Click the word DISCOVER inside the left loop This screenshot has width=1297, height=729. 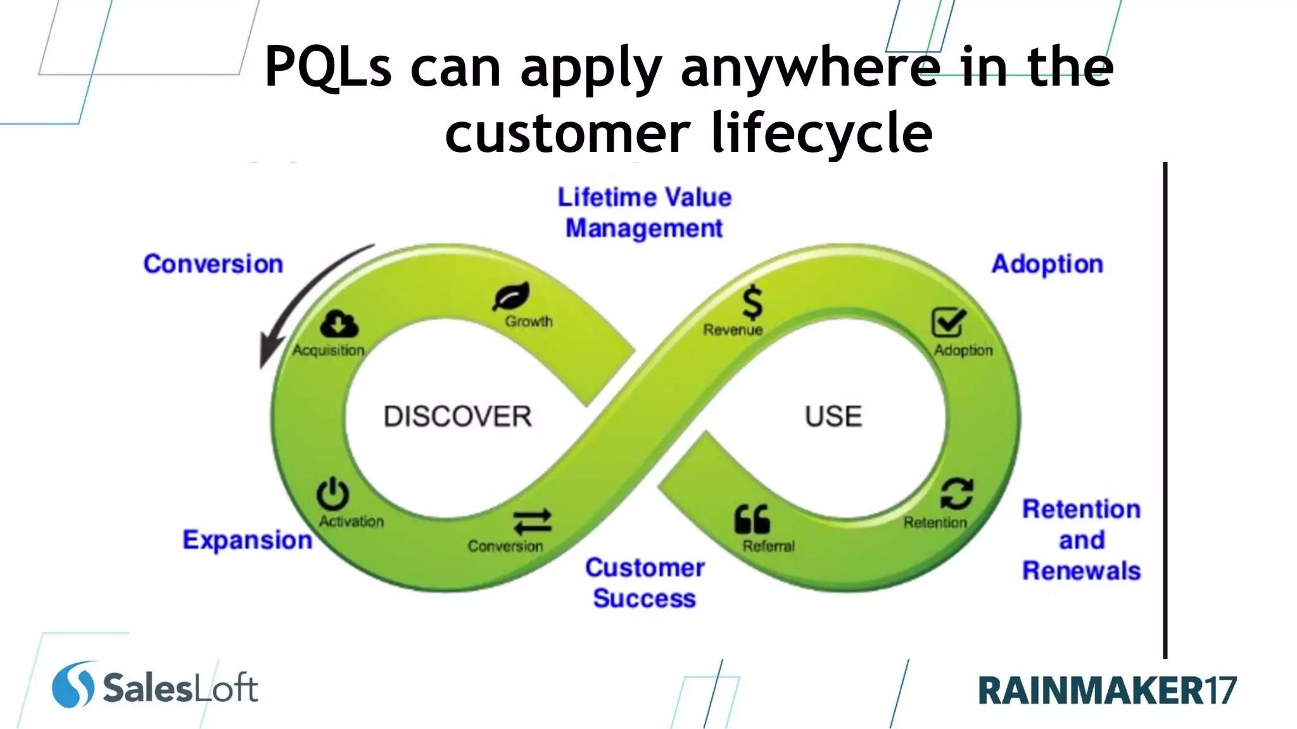pyautogui.click(x=457, y=416)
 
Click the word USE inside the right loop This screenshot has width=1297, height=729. pyautogui.click(x=833, y=416)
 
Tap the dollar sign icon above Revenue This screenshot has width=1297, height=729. pyautogui.click(x=752, y=302)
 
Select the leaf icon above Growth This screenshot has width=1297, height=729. pyautogui.click(x=512, y=296)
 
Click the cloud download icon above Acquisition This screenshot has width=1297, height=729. pyautogui.click(x=339, y=324)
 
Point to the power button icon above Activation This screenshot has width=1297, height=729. pyautogui.click(x=332, y=494)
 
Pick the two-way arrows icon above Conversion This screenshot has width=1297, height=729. pyautogui.click(x=532, y=522)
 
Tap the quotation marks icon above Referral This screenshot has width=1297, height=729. pyautogui.click(x=752, y=520)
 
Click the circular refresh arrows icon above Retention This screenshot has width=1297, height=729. pyautogui.click(x=956, y=494)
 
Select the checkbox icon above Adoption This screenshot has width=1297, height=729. pyautogui.click(x=948, y=322)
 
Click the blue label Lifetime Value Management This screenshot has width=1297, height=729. pyautogui.click(x=644, y=213)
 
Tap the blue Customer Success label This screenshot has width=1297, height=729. pyautogui.click(x=644, y=583)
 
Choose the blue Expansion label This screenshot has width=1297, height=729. pyautogui.click(x=247, y=540)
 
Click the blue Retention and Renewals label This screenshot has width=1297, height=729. pyautogui.click(x=1081, y=540)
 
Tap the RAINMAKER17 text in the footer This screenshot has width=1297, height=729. pyautogui.click(x=1106, y=690)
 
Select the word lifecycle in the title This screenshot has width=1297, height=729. pyautogui.click(x=821, y=133)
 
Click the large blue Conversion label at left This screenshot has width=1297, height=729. pyautogui.click(x=213, y=264)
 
